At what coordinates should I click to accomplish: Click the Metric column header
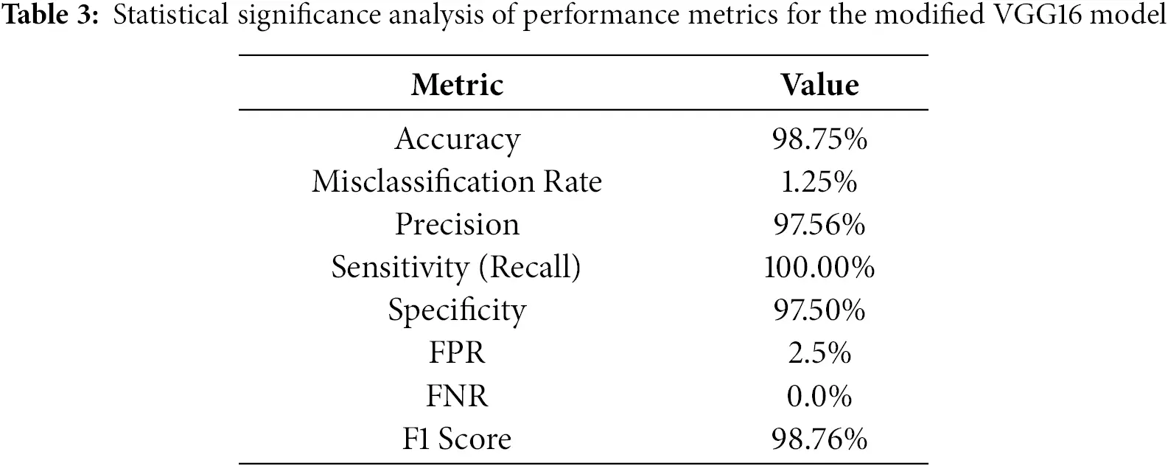[x=457, y=85]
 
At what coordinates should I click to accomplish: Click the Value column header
[x=819, y=85]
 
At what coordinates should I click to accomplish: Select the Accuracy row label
[x=457, y=139]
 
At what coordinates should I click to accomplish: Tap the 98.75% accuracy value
[x=819, y=139]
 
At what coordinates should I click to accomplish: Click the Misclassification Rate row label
[x=457, y=181]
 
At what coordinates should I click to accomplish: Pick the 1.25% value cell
[x=819, y=181]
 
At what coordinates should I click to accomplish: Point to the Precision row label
[x=457, y=224]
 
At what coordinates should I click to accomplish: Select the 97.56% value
[x=819, y=224]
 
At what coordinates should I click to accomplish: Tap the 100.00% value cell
[x=819, y=267]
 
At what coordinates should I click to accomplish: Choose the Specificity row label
[x=457, y=310]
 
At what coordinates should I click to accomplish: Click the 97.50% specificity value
[x=819, y=310]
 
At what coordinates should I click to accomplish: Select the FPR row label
[x=457, y=353]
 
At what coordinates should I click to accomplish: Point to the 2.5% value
[x=819, y=353]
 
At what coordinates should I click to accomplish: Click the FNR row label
[x=457, y=397]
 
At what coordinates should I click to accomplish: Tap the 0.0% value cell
[x=819, y=397]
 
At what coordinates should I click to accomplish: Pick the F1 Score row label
[x=457, y=439]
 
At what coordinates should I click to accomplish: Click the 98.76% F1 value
[x=819, y=439]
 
